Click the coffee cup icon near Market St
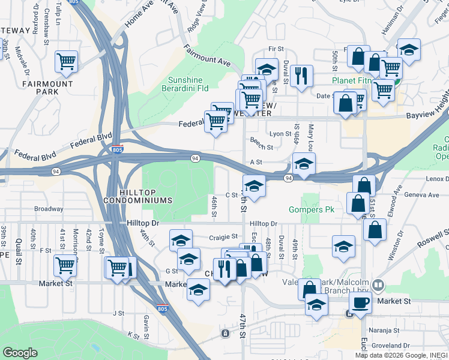[x=360, y=302]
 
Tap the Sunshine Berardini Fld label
[x=184, y=85]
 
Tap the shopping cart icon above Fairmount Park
[x=66, y=61]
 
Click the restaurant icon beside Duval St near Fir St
[x=301, y=75]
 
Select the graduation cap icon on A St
[x=304, y=164]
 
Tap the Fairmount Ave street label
[x=207, y=55]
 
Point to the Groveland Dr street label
[x=390, y=346]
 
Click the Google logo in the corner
[x=20, y=353]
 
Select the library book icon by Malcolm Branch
[x=378, y=285]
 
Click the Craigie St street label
[x=223, y=237]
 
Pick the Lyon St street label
[x=279, y=134]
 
